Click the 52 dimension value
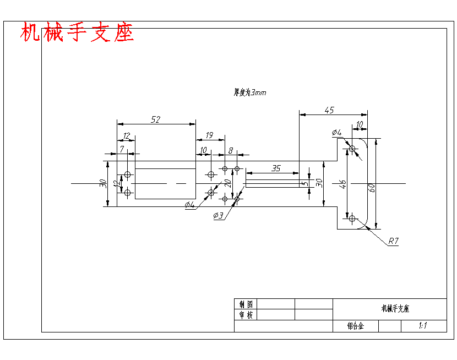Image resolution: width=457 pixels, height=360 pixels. tap(156, 119)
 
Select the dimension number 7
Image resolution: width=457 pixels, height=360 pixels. tap(121, 149)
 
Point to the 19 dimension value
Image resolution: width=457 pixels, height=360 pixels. tap(209, 135)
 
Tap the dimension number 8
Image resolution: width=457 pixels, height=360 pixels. tap(231, 150)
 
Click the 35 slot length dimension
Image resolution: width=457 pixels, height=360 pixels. tap(276, 168)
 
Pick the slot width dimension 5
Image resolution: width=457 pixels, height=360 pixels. tap(303, 183)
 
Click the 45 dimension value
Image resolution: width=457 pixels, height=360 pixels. tap(329, 110)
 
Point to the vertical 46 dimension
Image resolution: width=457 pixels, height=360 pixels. tap(342, 184)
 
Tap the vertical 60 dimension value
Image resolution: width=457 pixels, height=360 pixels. tap(372, 187)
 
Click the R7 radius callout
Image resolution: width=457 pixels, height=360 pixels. tap(393, 241)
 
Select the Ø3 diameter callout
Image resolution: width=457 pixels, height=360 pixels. tap(219, 216)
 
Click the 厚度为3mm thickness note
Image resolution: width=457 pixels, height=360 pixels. tap(250, 92)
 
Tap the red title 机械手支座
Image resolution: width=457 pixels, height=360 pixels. tap(77, 33)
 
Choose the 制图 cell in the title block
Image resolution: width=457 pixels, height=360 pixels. tap(246, 304)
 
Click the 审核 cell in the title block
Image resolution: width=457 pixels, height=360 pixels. tap(246, 315)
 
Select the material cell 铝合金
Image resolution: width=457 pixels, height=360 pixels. tap(356, 326)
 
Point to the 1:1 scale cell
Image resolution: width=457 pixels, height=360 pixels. tap(423, 326)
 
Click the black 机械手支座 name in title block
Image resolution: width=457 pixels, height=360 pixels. tap(395, 309)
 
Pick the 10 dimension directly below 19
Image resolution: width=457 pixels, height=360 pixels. tap(203, 150)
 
